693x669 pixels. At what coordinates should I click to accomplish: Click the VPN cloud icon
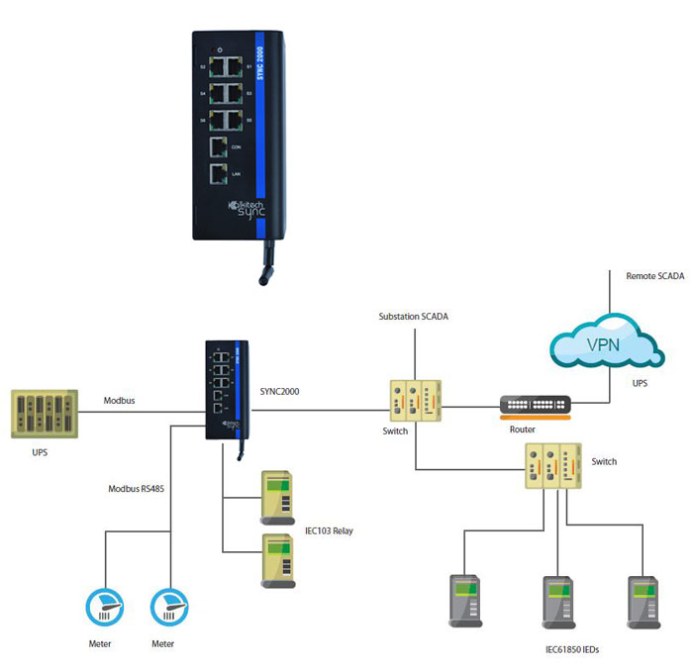click(605, 345)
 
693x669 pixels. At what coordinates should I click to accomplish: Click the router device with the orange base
click(535, 407)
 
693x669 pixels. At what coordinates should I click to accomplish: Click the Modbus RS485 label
click(135, 489)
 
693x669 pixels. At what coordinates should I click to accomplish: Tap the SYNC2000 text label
click(279, 392)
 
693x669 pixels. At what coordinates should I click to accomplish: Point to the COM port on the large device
click(219, 148)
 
